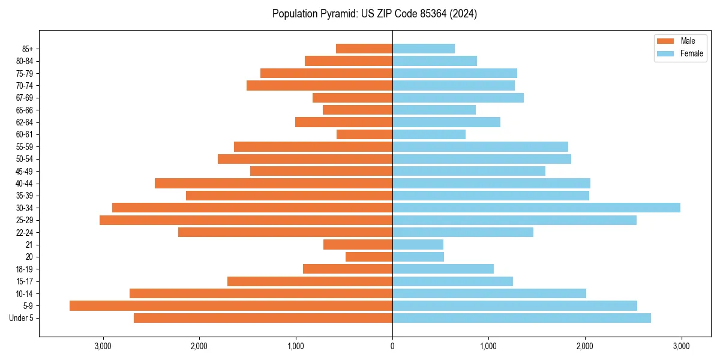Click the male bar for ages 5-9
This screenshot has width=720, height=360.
[231, 305]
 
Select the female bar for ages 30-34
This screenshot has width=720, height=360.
[536, 208]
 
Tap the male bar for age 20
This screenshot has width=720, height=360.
[369, 257]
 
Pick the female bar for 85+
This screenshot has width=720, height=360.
[424, 49]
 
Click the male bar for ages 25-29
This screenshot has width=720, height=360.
[246, 220]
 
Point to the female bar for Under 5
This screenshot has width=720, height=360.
[521, 318]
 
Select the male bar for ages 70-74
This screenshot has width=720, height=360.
[319, 85]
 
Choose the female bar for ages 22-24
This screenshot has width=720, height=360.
[463, 232]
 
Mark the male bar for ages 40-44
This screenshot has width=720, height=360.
[274, 183]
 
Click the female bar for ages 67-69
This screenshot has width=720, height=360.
[458, 98]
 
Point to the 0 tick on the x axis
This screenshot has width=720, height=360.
[392, 346]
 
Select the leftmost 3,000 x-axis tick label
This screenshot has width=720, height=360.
[103, 346]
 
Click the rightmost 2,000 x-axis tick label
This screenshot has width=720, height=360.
[585, 346]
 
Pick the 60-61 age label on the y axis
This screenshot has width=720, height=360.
[24, 134]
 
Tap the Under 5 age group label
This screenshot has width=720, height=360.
[22, 318]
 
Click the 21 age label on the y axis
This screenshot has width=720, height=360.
[29, 245]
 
